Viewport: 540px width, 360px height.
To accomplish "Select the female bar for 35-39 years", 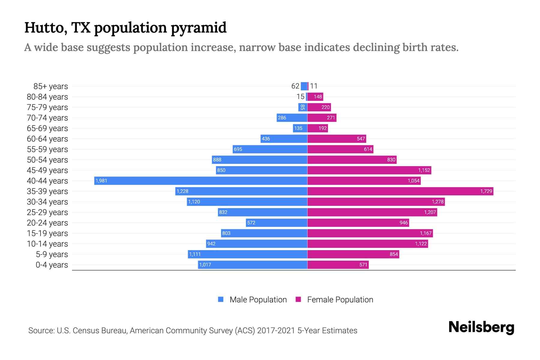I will pos(400,191).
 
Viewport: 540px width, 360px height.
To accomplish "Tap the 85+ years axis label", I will pos(51,86).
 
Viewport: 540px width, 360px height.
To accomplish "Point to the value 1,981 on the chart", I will pos(101,181).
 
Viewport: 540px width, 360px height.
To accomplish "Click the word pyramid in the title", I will pos(199,28).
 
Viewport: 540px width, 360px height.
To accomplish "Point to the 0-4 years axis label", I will pos(52,265).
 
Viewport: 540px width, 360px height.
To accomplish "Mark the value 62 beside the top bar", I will pos(295,86).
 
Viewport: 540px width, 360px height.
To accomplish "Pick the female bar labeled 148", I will pos(315,97).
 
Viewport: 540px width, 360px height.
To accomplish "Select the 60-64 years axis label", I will pos(47,139).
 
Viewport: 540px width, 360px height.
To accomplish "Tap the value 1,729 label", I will pos(486,191).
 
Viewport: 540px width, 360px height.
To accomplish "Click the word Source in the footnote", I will pos(41,331).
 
